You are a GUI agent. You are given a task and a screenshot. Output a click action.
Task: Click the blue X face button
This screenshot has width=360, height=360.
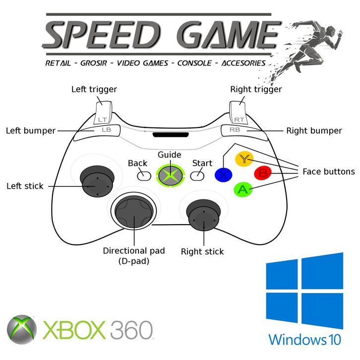223,174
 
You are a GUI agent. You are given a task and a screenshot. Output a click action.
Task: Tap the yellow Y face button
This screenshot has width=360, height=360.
243,159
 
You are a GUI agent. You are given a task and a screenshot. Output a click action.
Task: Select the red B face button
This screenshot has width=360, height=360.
262,173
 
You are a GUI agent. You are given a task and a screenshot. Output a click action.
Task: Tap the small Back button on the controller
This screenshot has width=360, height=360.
144,175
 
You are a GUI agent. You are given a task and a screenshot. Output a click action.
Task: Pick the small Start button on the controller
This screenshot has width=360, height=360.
198,175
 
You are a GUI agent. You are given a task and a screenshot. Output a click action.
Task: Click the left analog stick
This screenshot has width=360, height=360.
95,183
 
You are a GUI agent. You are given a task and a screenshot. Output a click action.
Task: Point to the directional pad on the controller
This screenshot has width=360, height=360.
133,211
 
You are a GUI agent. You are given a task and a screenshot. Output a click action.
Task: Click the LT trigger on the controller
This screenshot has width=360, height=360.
103,113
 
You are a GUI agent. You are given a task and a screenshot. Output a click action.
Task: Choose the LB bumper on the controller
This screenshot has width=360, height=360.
106,130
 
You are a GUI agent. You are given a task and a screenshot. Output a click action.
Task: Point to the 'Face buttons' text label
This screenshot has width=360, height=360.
328,172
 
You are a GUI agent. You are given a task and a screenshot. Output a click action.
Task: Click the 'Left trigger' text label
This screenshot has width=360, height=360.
94,89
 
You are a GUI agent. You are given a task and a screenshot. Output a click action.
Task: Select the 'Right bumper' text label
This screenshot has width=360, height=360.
314,131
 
